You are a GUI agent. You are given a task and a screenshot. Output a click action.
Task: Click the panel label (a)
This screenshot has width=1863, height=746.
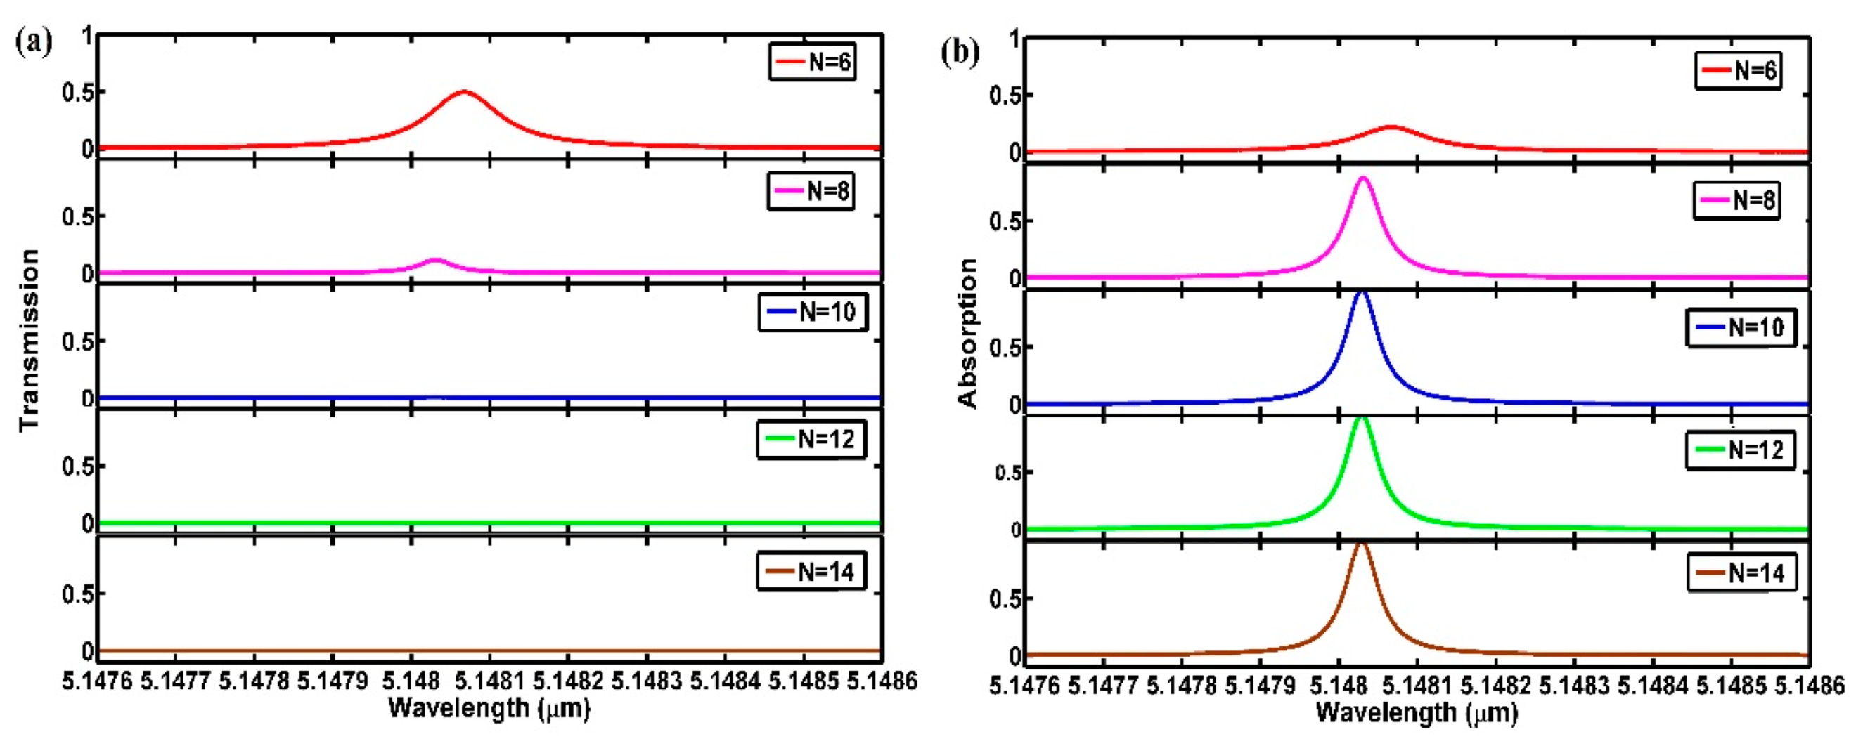point(33,44)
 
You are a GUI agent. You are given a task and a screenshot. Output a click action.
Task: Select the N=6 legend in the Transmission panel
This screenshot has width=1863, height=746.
point(811,62)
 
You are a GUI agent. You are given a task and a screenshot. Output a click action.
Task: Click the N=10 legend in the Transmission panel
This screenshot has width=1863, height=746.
point(812,313)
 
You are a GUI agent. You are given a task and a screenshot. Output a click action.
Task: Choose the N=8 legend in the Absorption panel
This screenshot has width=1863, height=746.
point(1736,200)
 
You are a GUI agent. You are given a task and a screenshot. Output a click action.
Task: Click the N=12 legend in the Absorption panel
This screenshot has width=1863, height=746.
point(1740,450)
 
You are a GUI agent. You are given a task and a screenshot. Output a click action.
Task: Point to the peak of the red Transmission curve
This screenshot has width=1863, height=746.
point(463,92)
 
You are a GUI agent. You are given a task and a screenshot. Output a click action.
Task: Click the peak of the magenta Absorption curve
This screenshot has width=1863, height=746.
point(1363,178)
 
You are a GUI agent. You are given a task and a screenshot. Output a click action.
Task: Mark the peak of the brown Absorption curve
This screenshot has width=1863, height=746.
point(1361,543)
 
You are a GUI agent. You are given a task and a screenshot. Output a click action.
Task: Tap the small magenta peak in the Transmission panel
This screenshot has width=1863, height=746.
point(434,259)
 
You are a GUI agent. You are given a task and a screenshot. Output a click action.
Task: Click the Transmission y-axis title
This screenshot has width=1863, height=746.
point(30,340)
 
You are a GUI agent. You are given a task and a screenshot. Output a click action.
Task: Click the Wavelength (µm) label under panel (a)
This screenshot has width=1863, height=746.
point(489,707)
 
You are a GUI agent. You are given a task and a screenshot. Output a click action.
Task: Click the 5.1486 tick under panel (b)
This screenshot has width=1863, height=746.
point(1809,686)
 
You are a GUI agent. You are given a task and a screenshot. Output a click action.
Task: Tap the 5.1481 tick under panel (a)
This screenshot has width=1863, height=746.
point(489,681)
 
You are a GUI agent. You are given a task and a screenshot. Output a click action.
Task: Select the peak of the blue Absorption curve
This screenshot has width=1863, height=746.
point(1362,292)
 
